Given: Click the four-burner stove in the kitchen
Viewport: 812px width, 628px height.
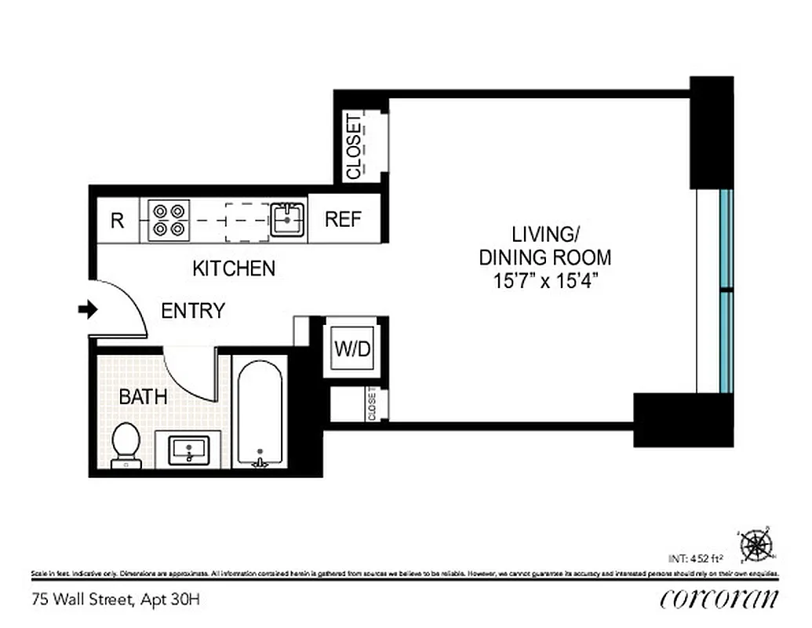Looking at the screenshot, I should tap(170, 220).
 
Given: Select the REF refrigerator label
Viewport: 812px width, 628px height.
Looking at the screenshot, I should tap(344, 220).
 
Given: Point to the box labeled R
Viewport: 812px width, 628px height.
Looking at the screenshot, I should tap(117, 221).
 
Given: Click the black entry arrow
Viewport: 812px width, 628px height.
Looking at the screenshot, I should tap(87, 310).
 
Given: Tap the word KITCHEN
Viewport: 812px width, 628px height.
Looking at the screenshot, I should tap(234, 268).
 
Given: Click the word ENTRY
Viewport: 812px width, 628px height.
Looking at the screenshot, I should tap(193, 311).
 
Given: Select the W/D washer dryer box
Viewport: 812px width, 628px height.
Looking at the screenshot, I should tap(352, 349).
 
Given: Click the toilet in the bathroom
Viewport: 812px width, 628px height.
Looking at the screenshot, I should tap(126, 445).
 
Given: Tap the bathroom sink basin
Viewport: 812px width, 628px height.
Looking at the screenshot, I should tap(189, 450).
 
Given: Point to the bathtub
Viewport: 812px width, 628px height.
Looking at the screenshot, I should tap(259, 412).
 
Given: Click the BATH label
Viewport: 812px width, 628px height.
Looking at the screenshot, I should tap(143, 397).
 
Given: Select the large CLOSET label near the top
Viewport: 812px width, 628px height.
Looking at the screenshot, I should tap(354, 147).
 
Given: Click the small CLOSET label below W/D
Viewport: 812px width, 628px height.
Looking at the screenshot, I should tap(372, 405).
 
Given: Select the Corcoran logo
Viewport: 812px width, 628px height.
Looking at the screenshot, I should tap(719, 599).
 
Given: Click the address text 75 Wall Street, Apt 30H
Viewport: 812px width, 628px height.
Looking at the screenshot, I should tap(116, 601).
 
